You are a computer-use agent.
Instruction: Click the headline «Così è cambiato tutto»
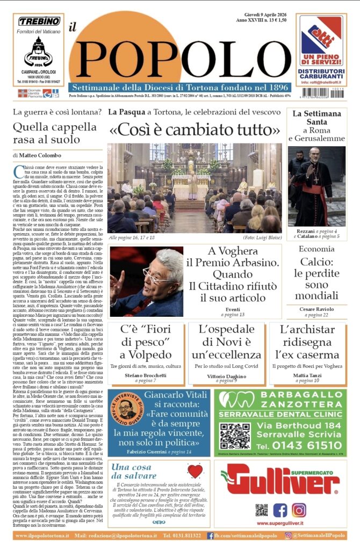pos(195,131)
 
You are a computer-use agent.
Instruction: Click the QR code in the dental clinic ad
pos(235,436)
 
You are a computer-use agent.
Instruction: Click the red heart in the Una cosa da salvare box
pos(195,471)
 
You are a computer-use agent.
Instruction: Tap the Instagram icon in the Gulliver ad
pos(299,509)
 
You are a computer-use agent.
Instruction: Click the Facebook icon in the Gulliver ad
pos(279,509)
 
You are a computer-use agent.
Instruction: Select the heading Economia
pos(316,249)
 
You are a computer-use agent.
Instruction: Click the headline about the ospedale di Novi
pos(229,343)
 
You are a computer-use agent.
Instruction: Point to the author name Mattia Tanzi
pos(308,375)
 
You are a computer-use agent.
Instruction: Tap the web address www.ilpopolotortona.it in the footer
pos(41,535)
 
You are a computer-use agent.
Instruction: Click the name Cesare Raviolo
pos(316,309)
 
